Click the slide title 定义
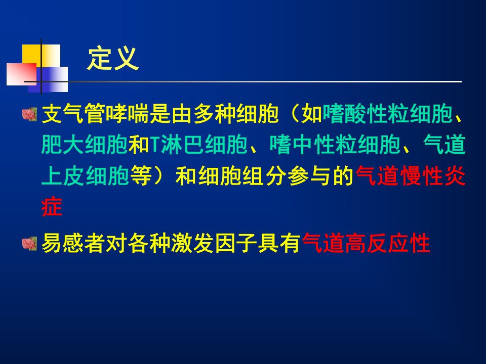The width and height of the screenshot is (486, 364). tap(113, 59)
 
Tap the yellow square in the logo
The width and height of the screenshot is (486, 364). tap(41, 56)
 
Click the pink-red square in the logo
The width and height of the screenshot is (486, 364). tap(21, 74)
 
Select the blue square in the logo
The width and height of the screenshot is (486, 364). tap(48, 79)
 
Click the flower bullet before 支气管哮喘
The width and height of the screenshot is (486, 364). tap(29, 114)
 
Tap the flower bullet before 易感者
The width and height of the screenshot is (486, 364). tap(29, 243)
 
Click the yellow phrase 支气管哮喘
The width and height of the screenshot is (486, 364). tap(95, 114)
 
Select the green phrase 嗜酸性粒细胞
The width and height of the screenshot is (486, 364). tap(388, 114)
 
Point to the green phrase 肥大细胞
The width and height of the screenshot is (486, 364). tap(85, 145)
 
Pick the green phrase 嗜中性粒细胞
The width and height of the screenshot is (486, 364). tap(335, 145)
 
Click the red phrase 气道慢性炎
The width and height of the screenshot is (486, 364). tap(411, 175)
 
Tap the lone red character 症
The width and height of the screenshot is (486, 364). tap(52, 206)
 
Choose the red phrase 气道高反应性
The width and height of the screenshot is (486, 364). tap(366, 243)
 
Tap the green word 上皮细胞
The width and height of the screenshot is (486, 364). tap(85, 175)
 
